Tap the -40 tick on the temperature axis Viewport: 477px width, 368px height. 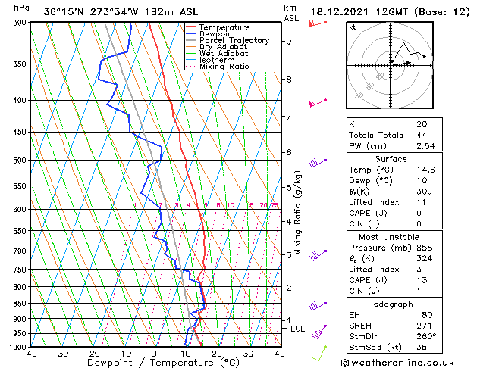30,354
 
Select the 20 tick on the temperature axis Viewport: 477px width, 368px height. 217,354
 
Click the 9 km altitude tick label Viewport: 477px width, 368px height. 288,42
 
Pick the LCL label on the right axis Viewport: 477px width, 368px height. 297,329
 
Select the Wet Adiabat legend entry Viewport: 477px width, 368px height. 224,54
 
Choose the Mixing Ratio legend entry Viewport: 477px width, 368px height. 224,67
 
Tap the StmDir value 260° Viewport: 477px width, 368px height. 425,335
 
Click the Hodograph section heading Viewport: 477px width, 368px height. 391,303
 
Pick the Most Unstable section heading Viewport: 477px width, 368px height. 391,236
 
